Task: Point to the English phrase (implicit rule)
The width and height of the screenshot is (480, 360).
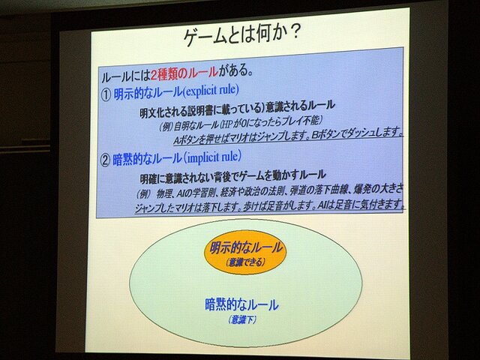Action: pyautogui.click(x=211, y=157)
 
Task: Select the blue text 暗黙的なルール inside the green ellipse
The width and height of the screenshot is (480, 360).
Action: pyautogui.click(x=241, y=304)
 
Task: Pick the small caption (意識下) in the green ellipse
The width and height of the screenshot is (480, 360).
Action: pyautogui.click(x=241, y=319)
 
